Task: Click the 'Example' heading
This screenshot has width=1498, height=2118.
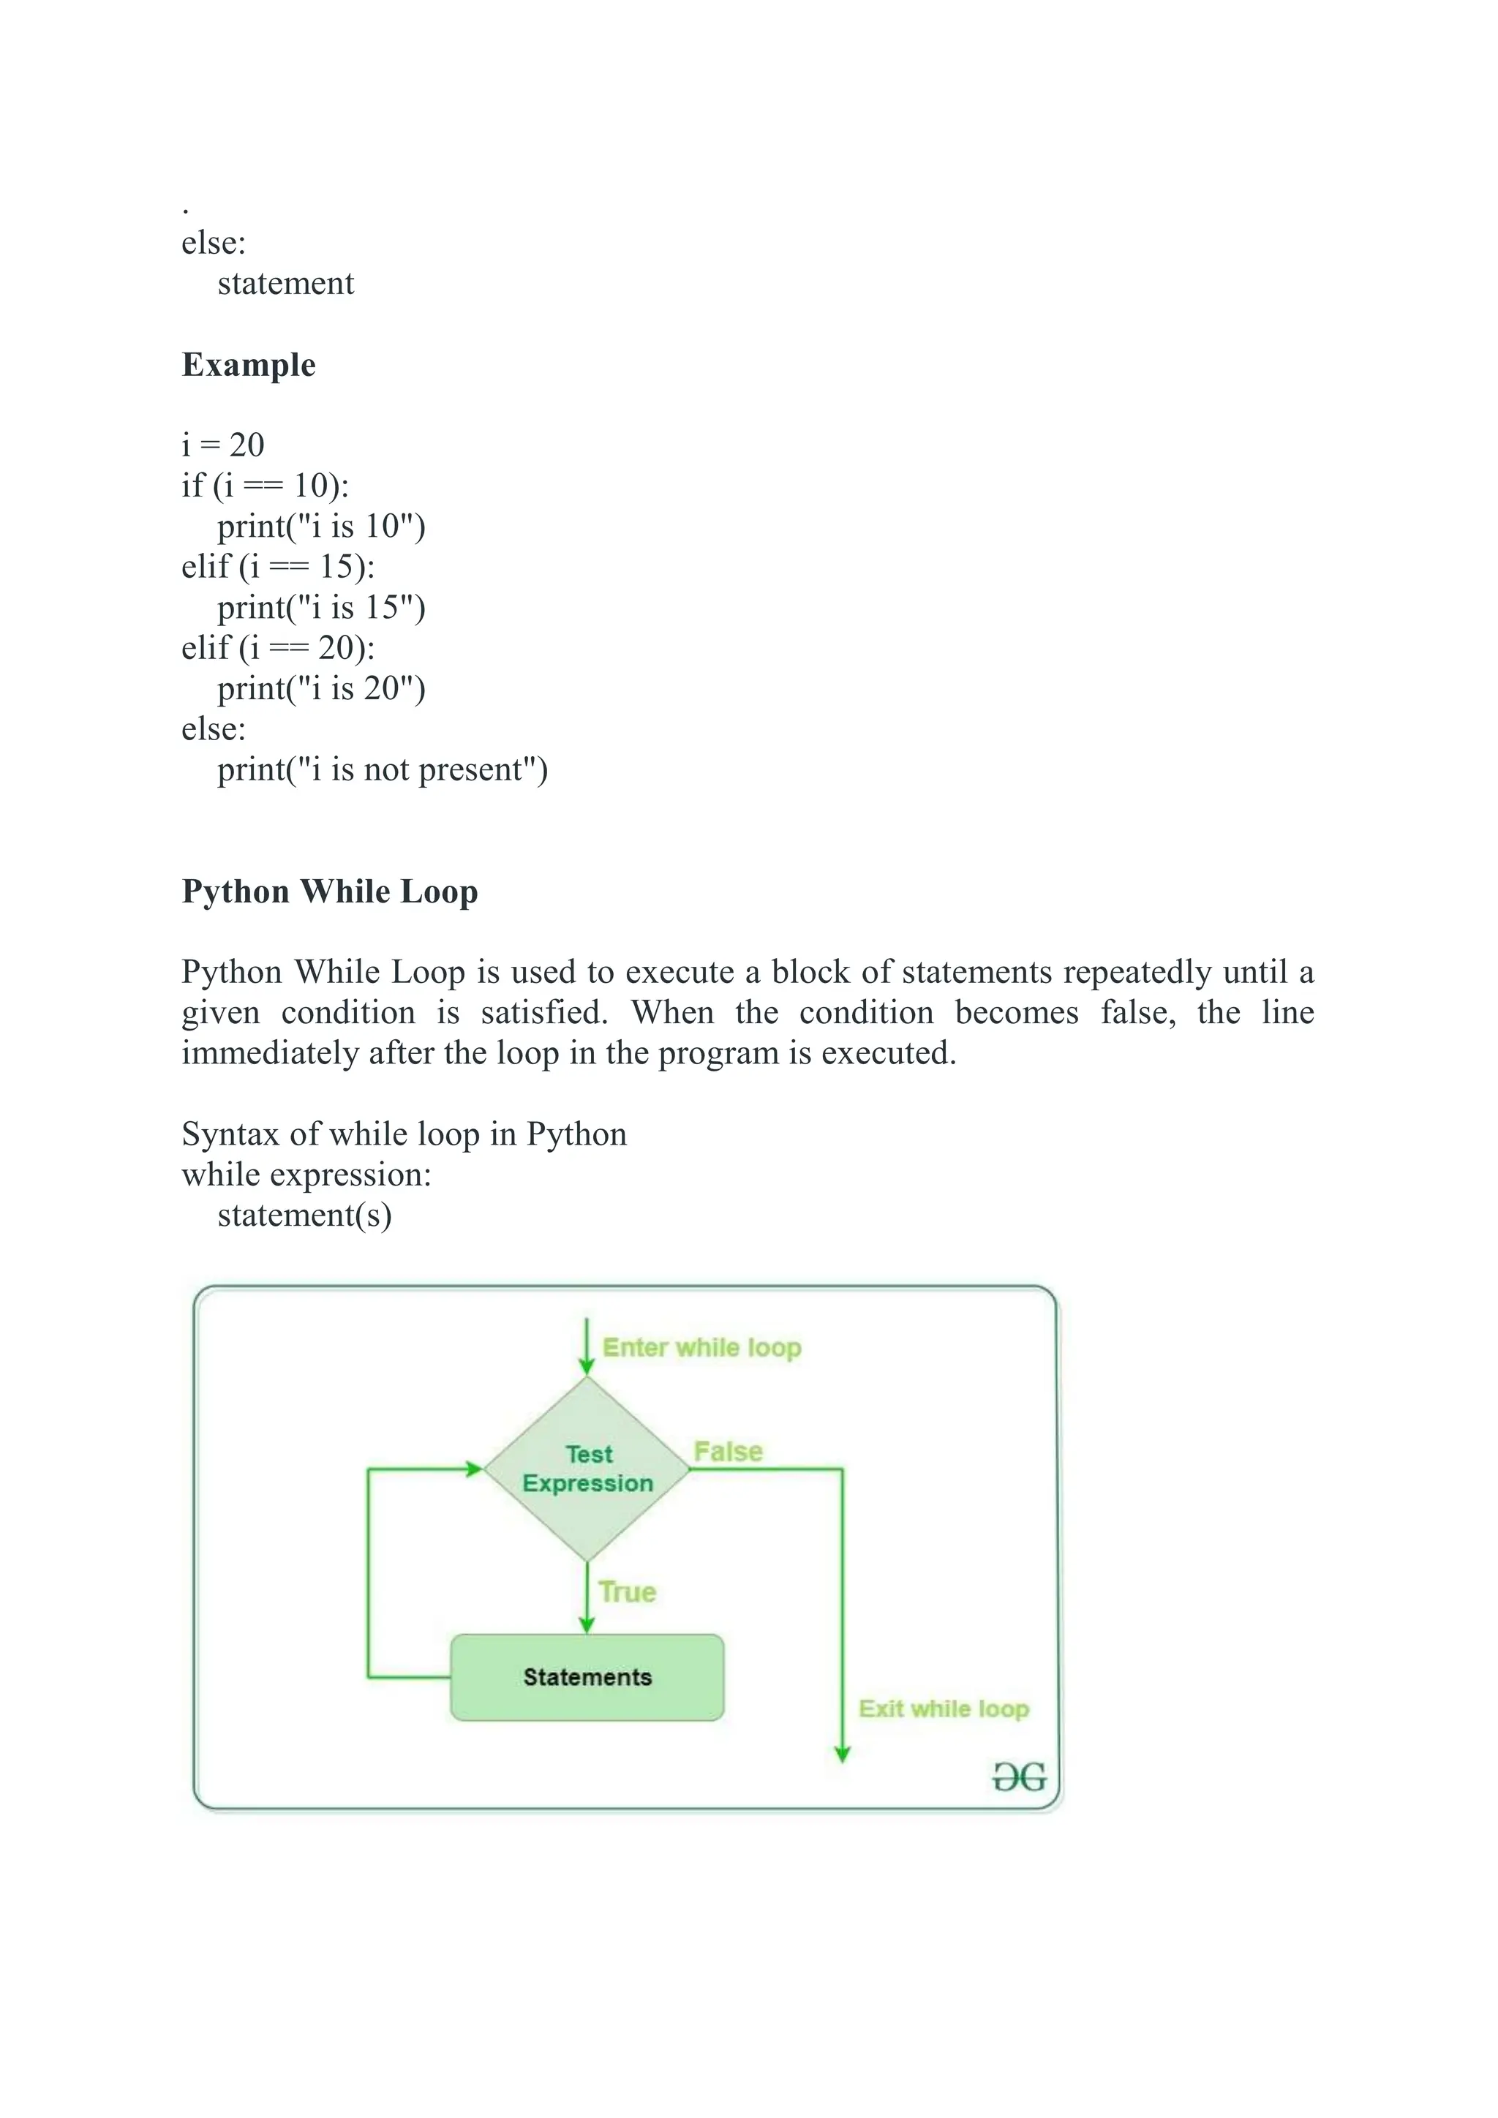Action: (248, 364)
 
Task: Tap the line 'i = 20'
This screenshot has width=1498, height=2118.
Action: (223, 445)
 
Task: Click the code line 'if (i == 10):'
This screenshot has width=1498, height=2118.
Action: (266, 485)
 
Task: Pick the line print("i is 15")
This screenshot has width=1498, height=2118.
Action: (321, 607)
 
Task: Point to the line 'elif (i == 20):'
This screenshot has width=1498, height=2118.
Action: (279, 647)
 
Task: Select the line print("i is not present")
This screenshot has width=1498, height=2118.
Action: (382, 769)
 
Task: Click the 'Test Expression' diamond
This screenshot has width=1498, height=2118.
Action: (587, 1469)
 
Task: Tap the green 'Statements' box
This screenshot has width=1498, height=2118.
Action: (587, 1677)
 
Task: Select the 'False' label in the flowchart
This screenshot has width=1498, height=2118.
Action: (728, 1451)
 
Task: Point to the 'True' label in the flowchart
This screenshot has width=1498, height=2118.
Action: (628, 1592)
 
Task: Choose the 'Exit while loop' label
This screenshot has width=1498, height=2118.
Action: (944, 1708)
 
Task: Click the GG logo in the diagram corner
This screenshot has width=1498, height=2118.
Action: (1019, 1776)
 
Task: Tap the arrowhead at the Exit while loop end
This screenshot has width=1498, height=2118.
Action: (842, 1755)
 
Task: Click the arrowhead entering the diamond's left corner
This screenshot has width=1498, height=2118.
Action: (474, 1469)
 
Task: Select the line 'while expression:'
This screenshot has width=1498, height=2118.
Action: (306, 1175)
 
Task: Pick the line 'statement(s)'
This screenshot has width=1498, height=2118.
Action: (304, 1216)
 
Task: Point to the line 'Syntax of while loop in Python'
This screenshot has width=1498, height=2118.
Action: (404, 1134)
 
